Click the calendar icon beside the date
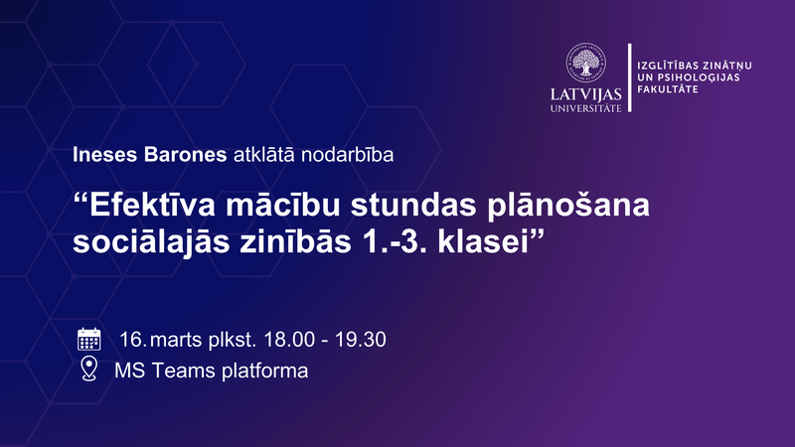click(89, 339)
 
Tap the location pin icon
click(89, 371)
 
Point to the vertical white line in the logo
click(629, 77)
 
